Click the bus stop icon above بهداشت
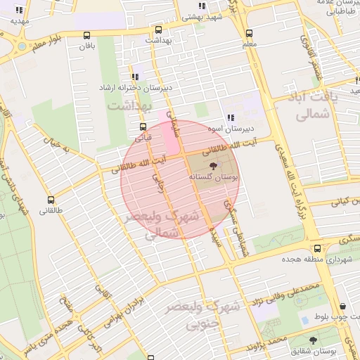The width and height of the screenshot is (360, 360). coord(158,30)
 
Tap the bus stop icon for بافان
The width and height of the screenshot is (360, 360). coord(86,36)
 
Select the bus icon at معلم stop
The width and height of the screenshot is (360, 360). coord(249,33)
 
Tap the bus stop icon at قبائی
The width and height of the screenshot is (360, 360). coord(143,127)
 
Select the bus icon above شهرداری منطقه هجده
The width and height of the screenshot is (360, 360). coord(318,248)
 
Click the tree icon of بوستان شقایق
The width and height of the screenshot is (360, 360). coord(313,340)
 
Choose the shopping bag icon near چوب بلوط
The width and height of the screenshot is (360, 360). coord(342,307)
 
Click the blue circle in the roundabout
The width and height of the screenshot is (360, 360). coord(21,46)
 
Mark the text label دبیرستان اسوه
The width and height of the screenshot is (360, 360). coord(230,130)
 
